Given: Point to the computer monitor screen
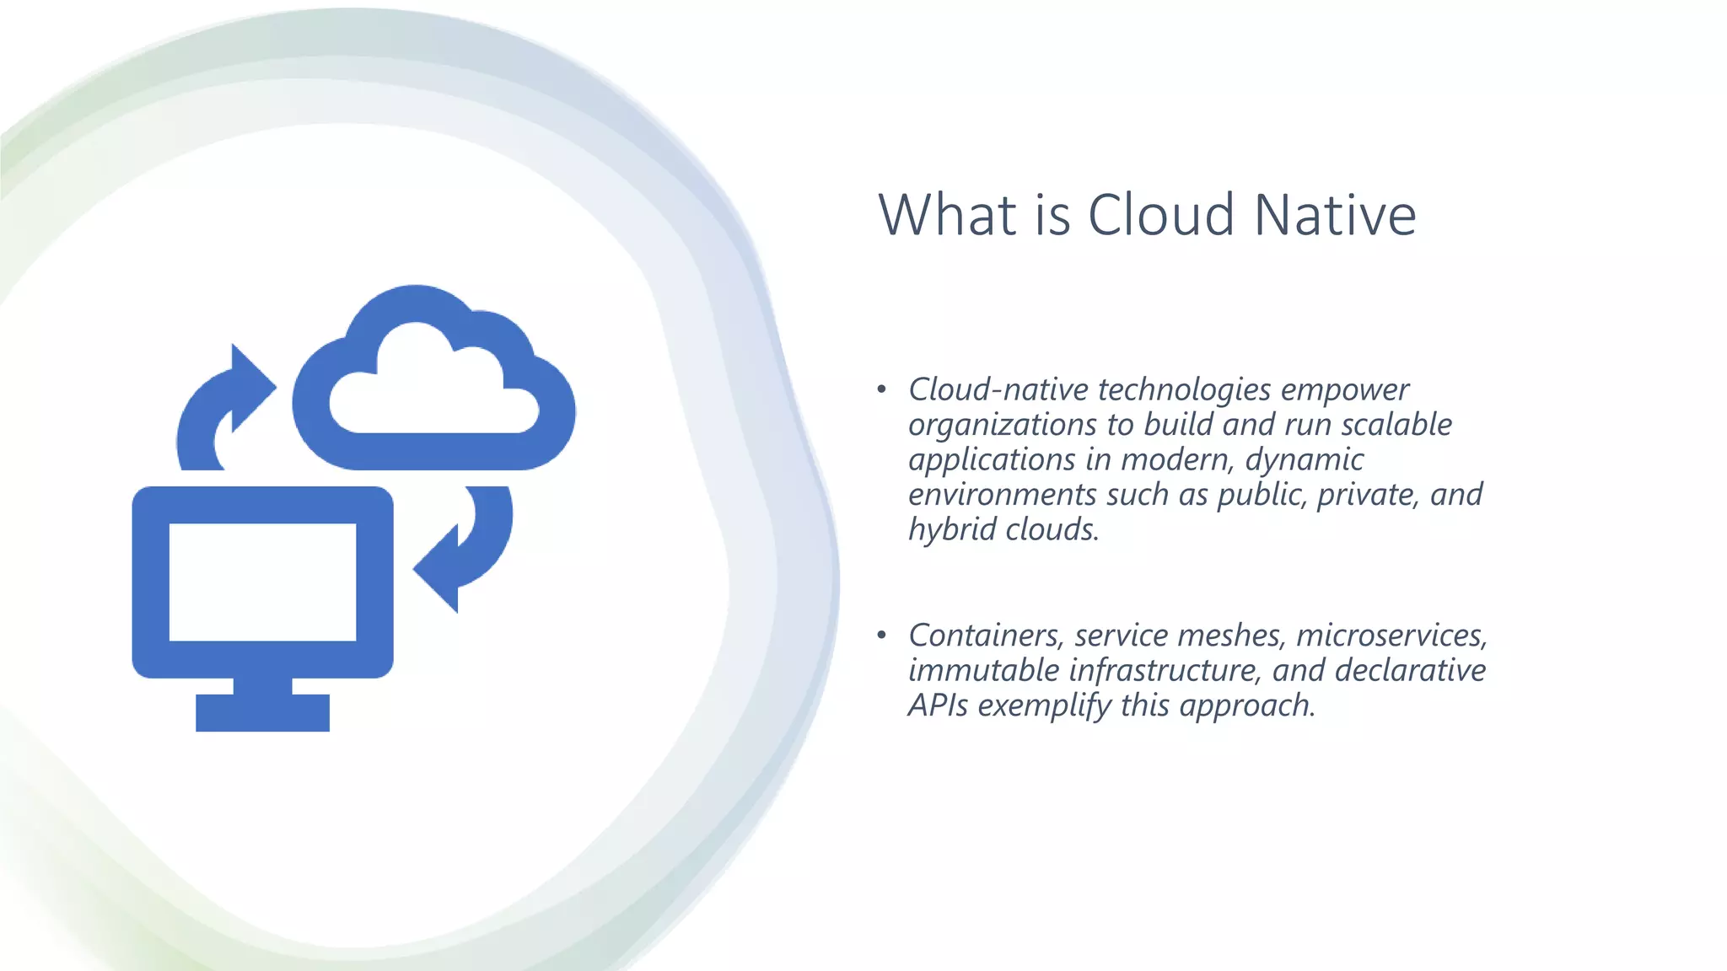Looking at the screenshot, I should [x=262, y=582].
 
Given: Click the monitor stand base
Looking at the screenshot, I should [x=262, y=712].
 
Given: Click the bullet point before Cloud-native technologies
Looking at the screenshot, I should [x=881, y=389].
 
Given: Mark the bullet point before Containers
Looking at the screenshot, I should [x=881, y=635].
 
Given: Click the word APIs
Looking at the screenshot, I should [x=938, y=705].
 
